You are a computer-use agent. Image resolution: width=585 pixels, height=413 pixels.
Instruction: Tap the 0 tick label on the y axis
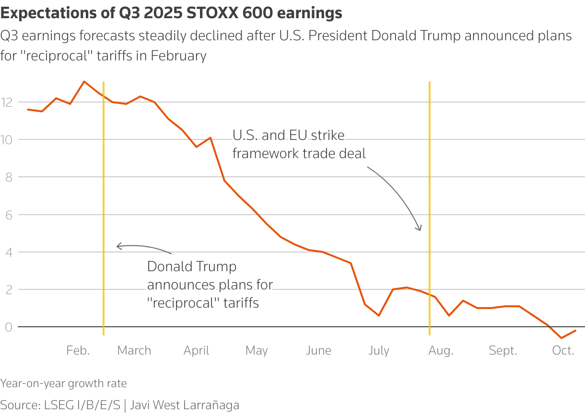[8, 327]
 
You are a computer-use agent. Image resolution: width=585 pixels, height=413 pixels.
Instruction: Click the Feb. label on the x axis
[78, 351]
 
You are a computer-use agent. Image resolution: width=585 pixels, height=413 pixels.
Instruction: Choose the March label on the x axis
[134, 351]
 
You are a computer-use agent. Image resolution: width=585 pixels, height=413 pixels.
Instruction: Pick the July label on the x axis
[378, 351]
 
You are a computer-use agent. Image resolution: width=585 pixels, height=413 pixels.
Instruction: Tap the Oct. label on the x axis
[563, 351]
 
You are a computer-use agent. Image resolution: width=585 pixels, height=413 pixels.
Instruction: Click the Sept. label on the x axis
[503, 351]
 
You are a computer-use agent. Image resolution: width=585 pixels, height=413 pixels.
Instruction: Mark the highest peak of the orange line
[84, 81]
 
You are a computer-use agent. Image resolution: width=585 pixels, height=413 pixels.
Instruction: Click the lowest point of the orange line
[562, 338]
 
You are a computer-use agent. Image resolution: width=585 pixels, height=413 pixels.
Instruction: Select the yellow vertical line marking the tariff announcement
[104, 192]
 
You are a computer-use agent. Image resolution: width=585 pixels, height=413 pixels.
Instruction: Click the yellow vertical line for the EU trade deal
[429, 192]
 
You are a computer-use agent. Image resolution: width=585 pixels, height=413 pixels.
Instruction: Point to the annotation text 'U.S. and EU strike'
[288, 136]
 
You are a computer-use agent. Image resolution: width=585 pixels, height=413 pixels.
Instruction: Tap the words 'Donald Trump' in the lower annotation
[191, 266]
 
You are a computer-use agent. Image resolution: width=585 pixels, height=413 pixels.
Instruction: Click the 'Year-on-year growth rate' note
[64, 383]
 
